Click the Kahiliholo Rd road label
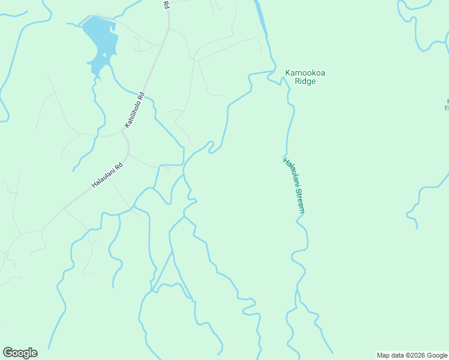tap(135, 109)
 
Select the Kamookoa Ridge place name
tap(304, 77)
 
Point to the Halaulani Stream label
tap(295, 185)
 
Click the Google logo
tap(20, 353)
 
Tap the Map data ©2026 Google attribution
tap(412, 355)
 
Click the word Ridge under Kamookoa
tap(305, 81)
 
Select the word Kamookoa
tap(304, 73)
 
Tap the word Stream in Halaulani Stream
tap(299, 201)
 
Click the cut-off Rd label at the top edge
tap(166, 4)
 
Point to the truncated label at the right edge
tap(446, 104)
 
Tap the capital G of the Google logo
tap(8, 353)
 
